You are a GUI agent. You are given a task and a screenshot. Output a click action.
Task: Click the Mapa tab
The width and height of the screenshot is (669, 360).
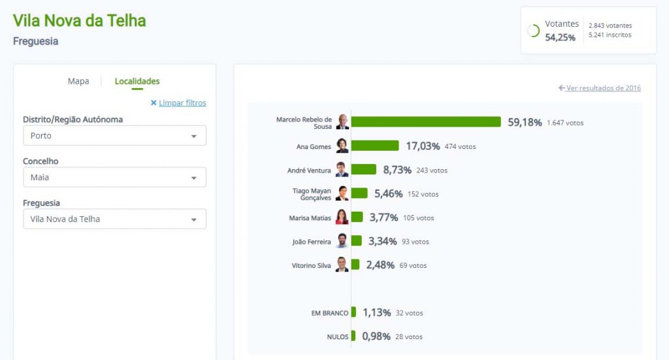pos(78,82)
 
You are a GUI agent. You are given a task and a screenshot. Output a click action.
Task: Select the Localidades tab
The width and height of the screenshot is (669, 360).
pos(137,82)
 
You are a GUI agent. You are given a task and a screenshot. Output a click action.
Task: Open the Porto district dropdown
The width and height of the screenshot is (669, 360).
pos(114,136)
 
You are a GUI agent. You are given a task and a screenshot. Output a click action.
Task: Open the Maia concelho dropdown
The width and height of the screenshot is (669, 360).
pos(114,177)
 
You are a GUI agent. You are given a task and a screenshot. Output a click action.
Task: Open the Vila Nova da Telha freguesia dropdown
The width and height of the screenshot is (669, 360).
pos(114,219)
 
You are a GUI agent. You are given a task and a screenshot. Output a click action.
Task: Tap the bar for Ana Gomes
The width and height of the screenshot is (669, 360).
pos(375,146)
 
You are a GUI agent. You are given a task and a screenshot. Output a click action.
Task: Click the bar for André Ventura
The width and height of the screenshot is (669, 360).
pos(363,170)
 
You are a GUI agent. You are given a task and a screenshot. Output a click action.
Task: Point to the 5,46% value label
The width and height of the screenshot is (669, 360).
pos(388,194)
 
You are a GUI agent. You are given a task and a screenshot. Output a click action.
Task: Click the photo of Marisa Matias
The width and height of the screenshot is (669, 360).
pos(342,218)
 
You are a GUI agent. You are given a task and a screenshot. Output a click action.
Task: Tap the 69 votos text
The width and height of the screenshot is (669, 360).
pos(413,266)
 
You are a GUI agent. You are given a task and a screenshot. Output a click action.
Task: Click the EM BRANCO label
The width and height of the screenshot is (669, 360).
pos(330,314)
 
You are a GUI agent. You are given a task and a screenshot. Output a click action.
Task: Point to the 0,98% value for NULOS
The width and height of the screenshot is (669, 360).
pos(376,336)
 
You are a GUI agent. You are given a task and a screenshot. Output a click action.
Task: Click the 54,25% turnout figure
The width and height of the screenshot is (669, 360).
pos(561,38)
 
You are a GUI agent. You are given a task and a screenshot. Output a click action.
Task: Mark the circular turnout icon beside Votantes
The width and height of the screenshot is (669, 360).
pos(534,31)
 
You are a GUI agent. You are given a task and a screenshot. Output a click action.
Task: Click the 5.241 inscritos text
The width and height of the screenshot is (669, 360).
pos(610,35)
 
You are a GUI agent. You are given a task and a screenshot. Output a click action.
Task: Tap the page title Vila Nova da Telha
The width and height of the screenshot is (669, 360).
pos(79,20)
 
